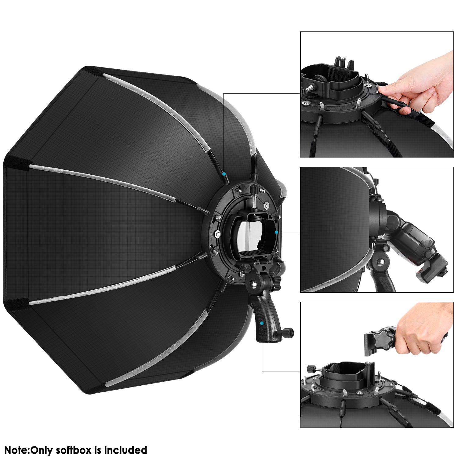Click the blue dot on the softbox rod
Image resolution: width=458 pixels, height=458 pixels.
pos(224,174)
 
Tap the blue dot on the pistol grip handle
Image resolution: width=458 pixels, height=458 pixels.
pos(262,323)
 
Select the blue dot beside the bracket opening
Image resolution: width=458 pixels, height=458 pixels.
pos(276,232)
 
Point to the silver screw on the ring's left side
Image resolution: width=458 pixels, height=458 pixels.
pos(217,234)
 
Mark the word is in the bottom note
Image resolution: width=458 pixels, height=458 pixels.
pos(98,450)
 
